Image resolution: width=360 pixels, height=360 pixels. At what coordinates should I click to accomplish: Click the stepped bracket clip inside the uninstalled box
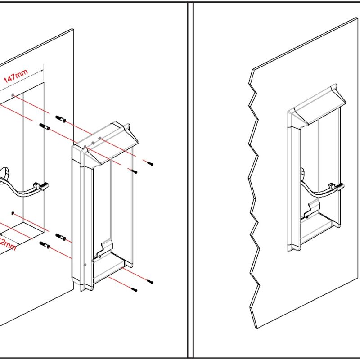(104, 250)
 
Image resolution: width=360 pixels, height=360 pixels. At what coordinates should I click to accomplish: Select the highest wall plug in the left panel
(61, 119)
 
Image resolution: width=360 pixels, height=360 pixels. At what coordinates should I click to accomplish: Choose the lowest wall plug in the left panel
(45, 245)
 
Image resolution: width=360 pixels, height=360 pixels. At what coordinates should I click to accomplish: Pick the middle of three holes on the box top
(93, 143)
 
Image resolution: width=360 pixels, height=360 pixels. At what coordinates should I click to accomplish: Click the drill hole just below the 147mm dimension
(13, 94)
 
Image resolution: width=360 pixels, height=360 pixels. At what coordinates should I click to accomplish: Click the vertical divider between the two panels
(190, 180)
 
